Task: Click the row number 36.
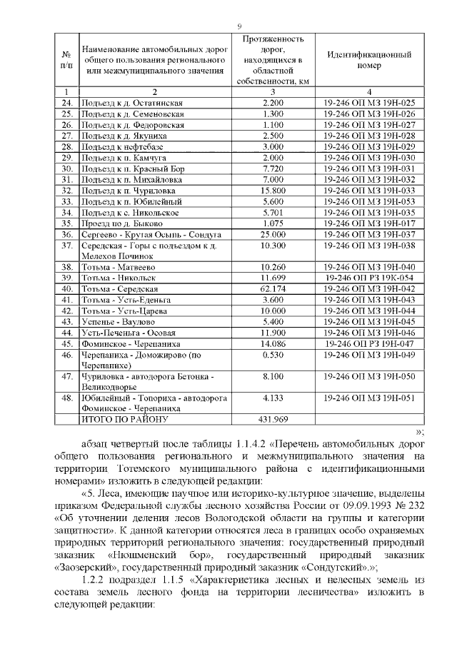pyautogui.click(x=67, y=235)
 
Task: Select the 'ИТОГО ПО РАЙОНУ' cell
pyautogui.click(x=124, y=419)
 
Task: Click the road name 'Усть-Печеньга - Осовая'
pyautogui.click(x=129, y=333)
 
